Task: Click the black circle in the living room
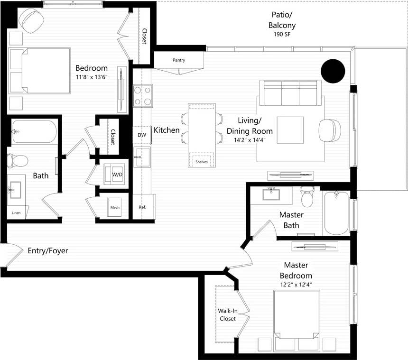pyautogui.click(x=333, y=71)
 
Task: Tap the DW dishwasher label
pyautogui.click(x=141, y=135)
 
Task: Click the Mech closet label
pyautogui.click(x=115, y=207)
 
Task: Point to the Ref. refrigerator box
pyautogui.click(x=142, y=207)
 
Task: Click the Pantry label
pyautogui.click(x=179, y=60)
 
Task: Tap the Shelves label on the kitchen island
pyautogui.click(x=202, y=162)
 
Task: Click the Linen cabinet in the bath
pyautogui.click(x=16, y=213)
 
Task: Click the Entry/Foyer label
pyautogui.click(x=47, y=250)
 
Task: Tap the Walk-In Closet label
pyautogui.click(x=227, y=314)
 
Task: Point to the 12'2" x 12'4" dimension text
pyautogui.click(x=298, y=285)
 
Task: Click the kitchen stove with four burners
pyautogui.click(x=142, y=95)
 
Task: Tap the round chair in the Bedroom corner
pyautogui.click(x=31, y=21)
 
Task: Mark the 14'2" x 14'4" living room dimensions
pyautogui.click(x=250, y=140)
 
